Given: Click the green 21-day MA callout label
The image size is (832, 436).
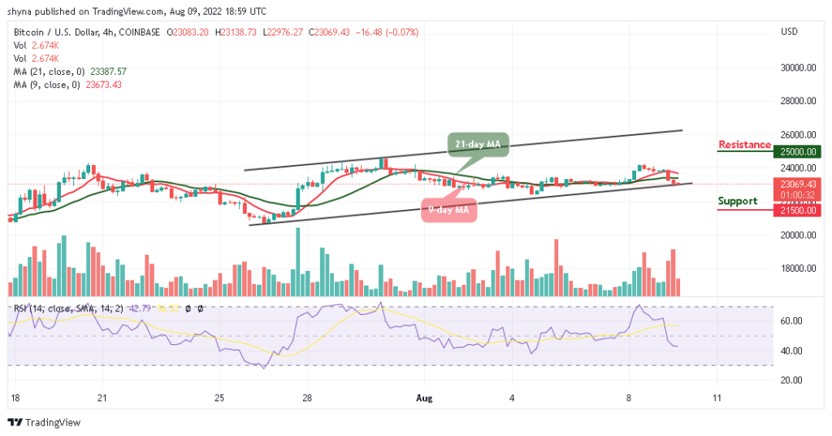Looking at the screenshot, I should (478, 144).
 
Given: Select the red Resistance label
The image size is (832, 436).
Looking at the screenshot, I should (744, 145).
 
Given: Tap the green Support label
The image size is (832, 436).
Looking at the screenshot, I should (738, 201).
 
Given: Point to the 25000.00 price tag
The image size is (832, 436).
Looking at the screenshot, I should (797, 151).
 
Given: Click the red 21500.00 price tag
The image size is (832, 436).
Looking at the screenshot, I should (797, 210).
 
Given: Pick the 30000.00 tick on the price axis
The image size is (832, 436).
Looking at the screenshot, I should (797, 68).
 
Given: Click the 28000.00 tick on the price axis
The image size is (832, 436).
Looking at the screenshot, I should (797, 102).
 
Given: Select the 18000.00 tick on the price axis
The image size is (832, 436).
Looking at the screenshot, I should (797, 268).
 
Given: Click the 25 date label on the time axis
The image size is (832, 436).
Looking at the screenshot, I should (219, 398).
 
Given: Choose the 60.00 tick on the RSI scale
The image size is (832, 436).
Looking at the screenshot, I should (791, 321).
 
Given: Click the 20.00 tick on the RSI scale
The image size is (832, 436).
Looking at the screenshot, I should (791, 380).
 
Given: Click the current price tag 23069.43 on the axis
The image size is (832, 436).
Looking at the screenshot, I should (797, 184).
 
